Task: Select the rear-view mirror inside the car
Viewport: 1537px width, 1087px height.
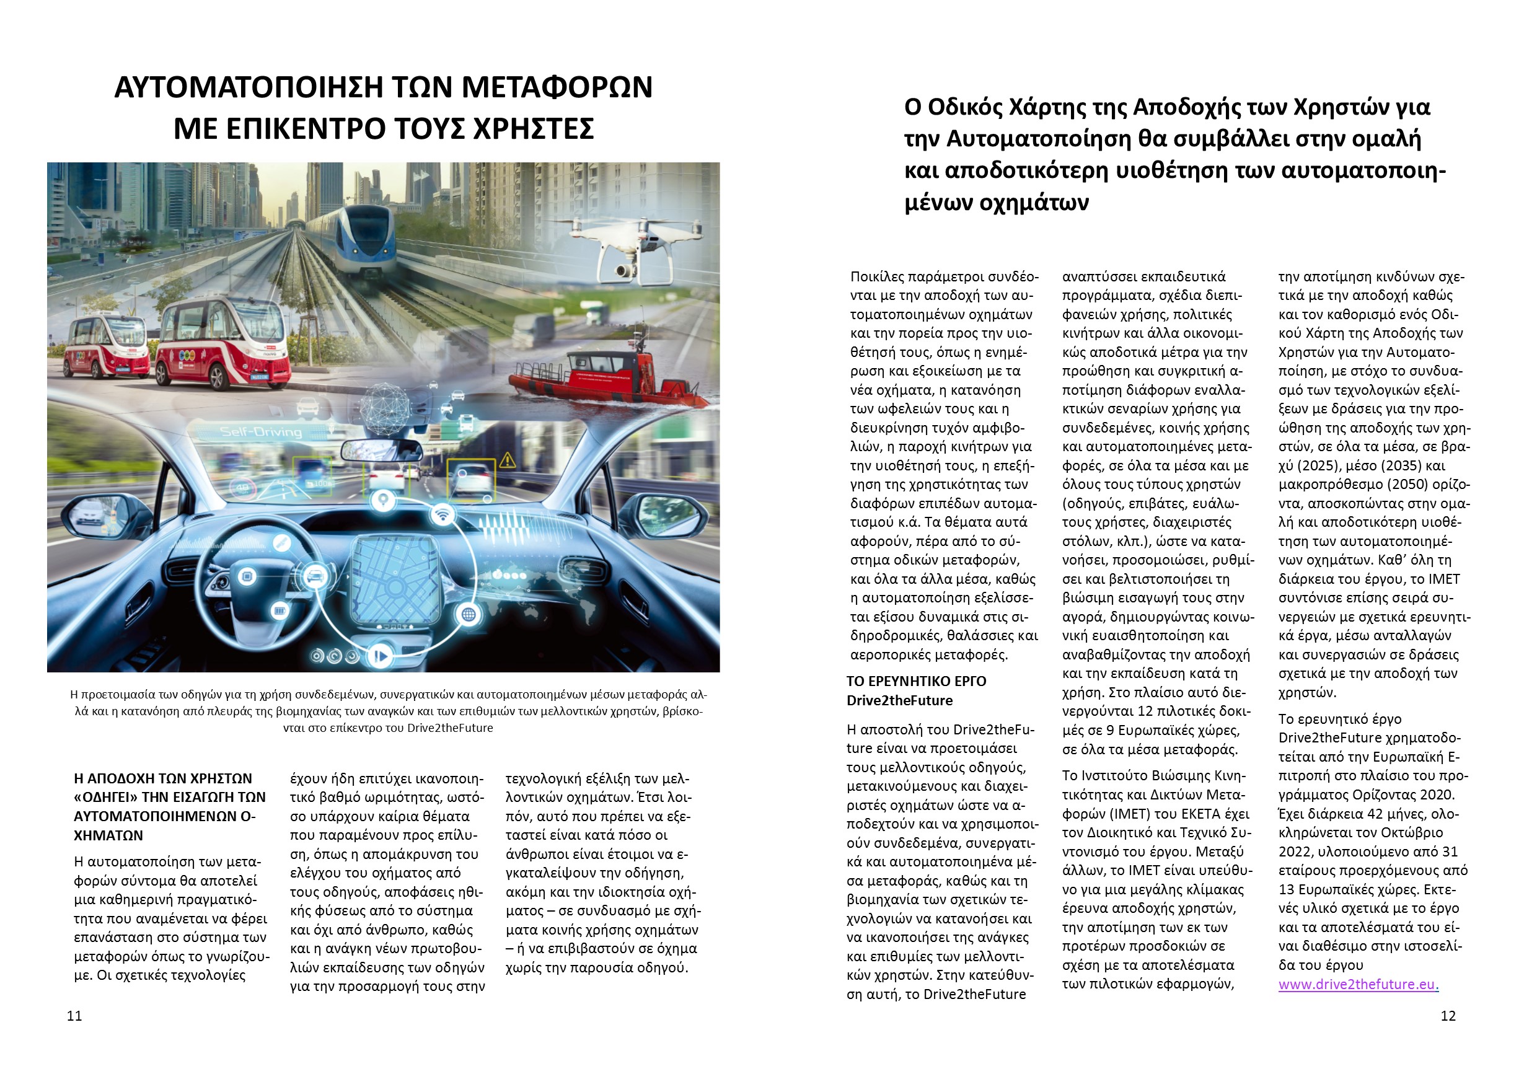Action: (381, 450)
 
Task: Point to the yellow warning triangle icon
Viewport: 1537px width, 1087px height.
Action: (507, 460)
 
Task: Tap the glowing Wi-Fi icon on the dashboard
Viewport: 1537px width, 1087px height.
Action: (441, 514)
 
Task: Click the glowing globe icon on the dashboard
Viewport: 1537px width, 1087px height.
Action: (469, 614)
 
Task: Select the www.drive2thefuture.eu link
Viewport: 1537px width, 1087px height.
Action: (1358, 984)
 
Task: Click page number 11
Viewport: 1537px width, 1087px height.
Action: (74, 1015)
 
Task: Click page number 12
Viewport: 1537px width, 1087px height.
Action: (1448, 1015)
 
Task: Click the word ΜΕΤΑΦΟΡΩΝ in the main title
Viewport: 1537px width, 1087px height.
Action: (557, 87)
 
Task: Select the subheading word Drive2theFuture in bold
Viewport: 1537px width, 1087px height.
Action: (899, 700)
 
